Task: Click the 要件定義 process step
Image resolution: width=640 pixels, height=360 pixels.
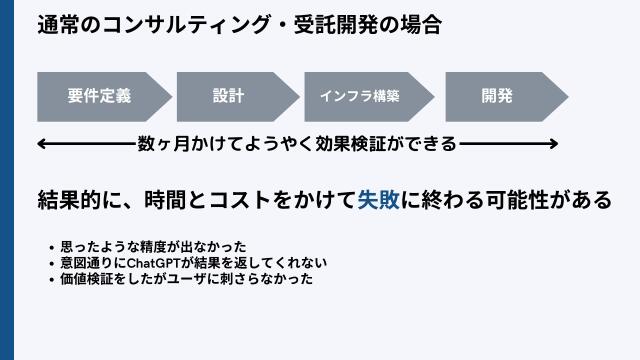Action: point(99,96)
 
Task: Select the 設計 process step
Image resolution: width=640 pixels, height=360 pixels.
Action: point(229,96)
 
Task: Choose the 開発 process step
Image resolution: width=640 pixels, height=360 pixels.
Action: point(496,96)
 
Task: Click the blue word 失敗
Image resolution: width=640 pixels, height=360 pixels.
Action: point(379,199)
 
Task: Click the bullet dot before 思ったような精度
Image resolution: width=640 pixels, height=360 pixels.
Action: point(52,247)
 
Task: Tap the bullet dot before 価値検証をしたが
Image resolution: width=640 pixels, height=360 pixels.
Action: point(52,280)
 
